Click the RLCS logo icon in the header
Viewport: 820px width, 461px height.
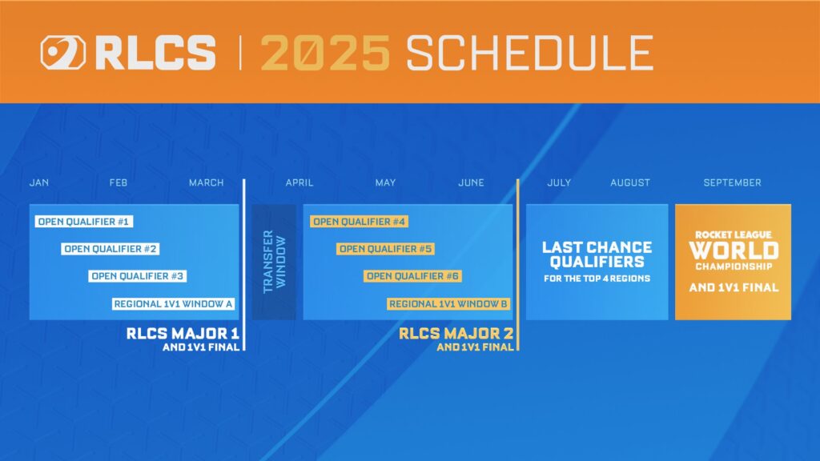point(62,54)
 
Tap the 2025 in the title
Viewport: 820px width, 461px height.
point(325,54)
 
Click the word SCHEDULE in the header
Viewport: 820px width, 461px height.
point(529,54)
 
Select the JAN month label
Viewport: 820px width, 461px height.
point(39,182)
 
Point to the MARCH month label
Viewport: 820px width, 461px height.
point(207,182)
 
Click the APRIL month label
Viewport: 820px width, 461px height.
point(299,182)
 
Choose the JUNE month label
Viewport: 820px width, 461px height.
point(471,182)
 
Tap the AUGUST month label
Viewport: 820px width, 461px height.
point(630,182)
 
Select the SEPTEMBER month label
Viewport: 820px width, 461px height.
point(732,182)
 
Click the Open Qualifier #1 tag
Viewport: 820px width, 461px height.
point(83,222)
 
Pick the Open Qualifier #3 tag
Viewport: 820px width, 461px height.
point(138,276)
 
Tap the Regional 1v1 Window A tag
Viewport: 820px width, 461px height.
point(174,303)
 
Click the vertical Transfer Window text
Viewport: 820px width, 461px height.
point(273,262)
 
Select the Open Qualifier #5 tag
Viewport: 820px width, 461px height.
point(385,249)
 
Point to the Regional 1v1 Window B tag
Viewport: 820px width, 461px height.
point(448,303)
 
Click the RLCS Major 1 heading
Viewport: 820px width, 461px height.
point(183,333)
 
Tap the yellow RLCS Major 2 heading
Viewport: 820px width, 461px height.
point(456,333)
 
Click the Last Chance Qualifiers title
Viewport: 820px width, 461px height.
point(597,255)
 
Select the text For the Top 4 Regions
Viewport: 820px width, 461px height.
point(597,279)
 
